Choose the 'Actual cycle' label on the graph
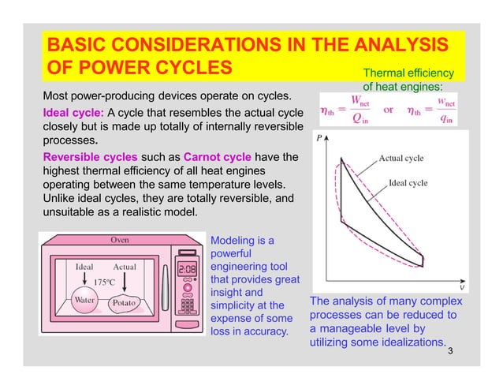pos(402,158)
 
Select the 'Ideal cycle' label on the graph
pos(408,183)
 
